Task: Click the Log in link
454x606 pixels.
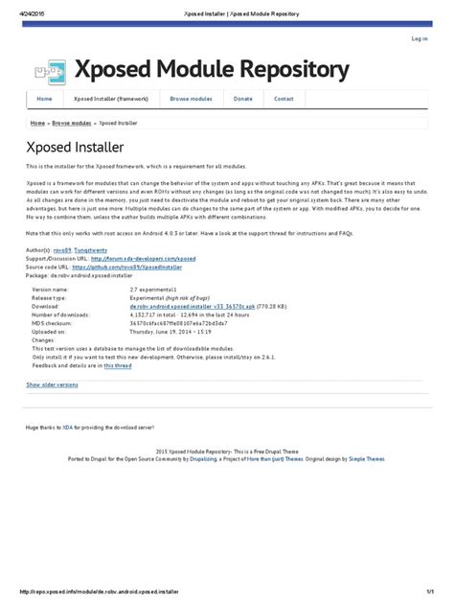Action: pyautogui.click(x=419, y=39)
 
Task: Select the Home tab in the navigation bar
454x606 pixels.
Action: pyautogui.click(x=44, y=99)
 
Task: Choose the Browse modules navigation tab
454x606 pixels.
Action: pyautogui.click(x=191, y=99)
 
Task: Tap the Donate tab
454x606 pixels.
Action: pyautogui.click(x=243, y=99)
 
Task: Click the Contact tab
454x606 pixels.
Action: pyautogui.click(x=284, y=99)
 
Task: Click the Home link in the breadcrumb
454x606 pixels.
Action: pyautogui.click(x=37, y=124)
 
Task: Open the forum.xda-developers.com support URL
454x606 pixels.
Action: pyautogui.click(x=142, y=257)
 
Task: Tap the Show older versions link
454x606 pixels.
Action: pyautogui.click(x=52, y=384)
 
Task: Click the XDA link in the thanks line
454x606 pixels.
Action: pyautogui.click(x=68, y=427)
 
